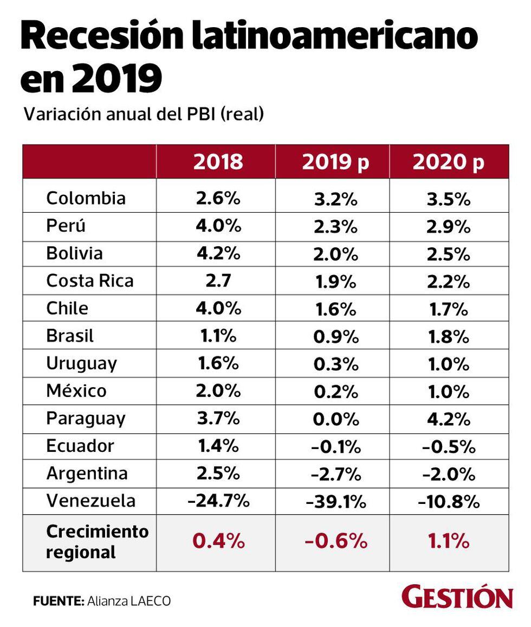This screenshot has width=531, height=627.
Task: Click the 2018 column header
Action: (218, 162)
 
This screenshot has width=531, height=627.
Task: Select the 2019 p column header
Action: (335, 162)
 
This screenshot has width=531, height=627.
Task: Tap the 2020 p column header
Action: (448, 162)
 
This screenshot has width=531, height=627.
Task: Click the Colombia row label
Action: (86, 198)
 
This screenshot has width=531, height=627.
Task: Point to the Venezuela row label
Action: (90, 500)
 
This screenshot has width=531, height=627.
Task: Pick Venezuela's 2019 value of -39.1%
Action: (336, 502)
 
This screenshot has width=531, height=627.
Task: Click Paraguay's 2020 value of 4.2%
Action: (448, 419)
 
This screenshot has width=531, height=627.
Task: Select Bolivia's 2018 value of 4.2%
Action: (218, 253)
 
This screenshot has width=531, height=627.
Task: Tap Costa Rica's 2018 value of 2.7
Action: (218, 281)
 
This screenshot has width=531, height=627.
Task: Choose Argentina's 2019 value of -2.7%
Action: (336, 475)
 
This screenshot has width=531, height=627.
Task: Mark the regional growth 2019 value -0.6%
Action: (336, 542)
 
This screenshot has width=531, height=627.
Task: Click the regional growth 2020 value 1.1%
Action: (448, 542)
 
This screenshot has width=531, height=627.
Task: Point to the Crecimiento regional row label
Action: (97, 542)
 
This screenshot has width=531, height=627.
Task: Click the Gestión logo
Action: (457, 598)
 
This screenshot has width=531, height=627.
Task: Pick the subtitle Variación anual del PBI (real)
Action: (144, 114)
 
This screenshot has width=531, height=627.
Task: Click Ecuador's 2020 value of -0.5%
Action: (448, 447)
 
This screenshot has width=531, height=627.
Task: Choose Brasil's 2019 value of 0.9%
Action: (336, 337)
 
